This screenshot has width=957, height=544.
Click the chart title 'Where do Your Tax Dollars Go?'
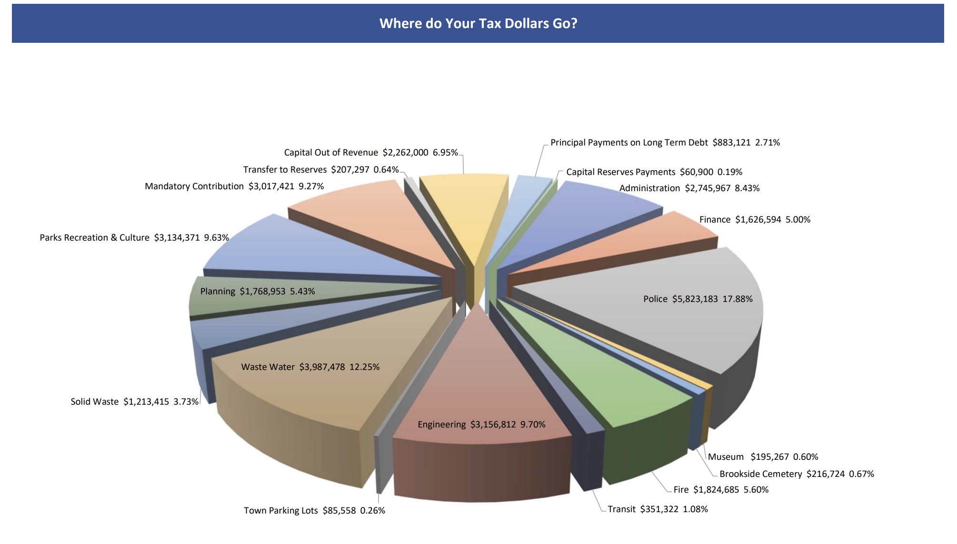(478, 23)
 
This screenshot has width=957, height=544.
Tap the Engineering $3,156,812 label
(481, 425)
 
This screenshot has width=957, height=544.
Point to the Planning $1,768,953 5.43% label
(257, 291)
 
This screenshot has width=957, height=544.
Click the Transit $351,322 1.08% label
(658, 509)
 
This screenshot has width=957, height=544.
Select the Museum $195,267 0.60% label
(763, 457)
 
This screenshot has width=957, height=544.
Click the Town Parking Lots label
(314, 511)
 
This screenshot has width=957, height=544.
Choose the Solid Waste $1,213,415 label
(134, 402)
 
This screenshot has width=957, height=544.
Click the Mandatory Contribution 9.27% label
(234, 186)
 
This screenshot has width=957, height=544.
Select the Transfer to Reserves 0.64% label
(321, 170)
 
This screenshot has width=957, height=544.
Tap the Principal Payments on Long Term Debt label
(665, 143)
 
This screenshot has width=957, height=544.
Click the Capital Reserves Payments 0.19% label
(654, 172)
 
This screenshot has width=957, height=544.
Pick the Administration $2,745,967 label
(689, 188)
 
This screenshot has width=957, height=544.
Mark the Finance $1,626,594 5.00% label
(755, 220)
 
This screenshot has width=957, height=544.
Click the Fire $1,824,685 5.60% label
(721, 490)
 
